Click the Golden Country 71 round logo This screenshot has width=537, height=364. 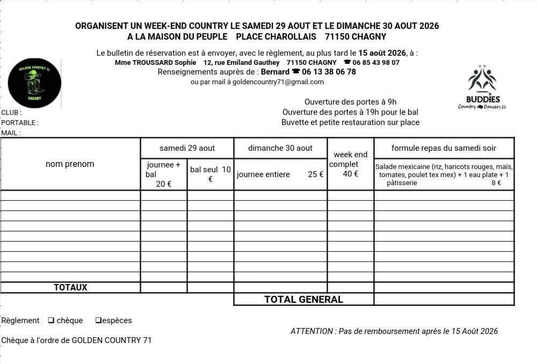(34, 83)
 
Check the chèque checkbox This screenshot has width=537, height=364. (51, 321)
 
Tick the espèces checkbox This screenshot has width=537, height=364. (98, 321)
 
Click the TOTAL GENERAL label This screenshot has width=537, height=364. (303, 300)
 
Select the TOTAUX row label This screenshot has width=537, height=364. (70, 288)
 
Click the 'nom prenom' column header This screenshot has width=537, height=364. (70, 164)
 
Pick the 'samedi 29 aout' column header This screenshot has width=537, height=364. (187, 148)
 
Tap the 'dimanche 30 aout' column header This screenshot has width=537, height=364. (280, 148)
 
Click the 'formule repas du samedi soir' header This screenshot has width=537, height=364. (444, 148)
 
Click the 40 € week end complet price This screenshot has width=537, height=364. (351, 174)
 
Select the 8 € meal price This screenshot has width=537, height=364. (496, 183)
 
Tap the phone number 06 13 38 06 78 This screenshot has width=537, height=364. (329, 72)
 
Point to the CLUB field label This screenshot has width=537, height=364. (11, 113)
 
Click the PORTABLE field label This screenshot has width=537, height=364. (20, 123)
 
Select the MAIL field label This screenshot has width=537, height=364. (11, 133)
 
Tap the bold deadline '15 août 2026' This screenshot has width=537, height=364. (382, 53)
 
